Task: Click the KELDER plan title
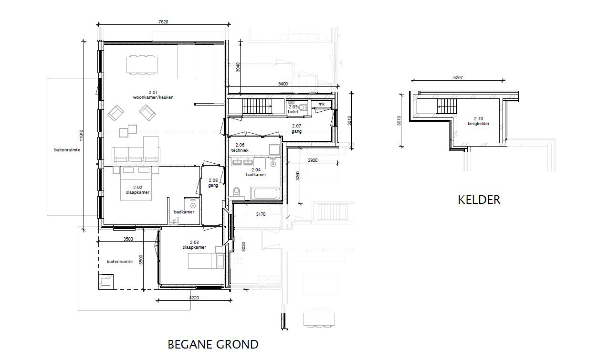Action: [479, 200]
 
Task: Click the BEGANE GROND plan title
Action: [213, 344]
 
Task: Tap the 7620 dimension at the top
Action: [163, 21]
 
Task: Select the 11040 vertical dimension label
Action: [81, 136]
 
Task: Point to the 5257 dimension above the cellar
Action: [458, 77]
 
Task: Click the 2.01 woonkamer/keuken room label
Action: [153, 95]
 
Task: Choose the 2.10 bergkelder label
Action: [479, 121]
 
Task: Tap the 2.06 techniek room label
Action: [240, 148]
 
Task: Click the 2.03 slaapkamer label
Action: [194, 244]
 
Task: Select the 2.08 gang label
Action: [213, 183]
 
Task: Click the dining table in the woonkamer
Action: [142, 64]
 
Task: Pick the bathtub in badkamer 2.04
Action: [265, 193]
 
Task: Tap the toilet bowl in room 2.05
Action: [303, 107]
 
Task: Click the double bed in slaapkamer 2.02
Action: [136, 183]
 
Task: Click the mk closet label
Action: [321, 104]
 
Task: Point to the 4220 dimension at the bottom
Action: [194, 297]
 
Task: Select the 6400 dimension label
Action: [283, 84]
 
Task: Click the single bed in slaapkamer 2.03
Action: [206, 261]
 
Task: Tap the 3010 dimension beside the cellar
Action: [399, 121]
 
